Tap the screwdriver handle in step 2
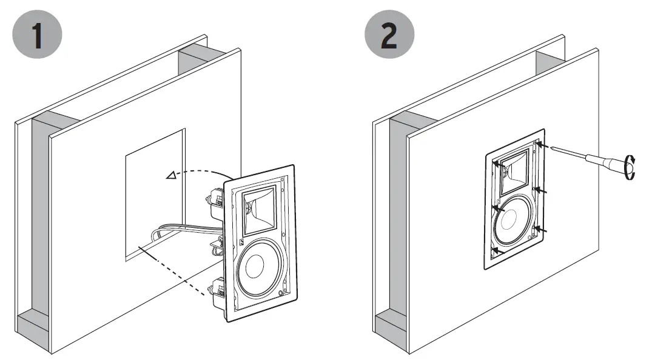click(x=607, y=164)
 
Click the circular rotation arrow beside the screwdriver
click(x=631, y=167)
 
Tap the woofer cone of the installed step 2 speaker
click(x=514, y=221)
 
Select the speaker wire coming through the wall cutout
click(x=182, y=229)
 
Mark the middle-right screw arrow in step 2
click(x=541, y=192)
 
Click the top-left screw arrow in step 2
click(x=499, y=163)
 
